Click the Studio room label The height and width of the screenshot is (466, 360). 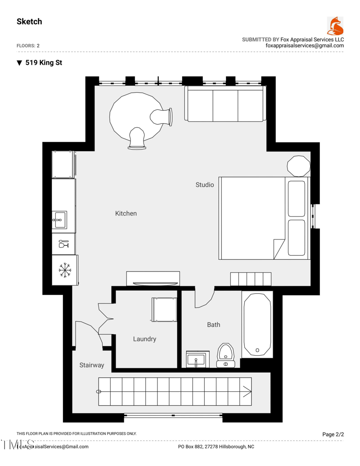pos(204,185)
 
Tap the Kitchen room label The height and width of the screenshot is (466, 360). pos(126,213)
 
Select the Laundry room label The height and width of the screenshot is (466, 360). pos(144,339)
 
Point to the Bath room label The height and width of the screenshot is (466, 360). pos(213,325)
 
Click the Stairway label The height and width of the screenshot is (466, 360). pos(92,365)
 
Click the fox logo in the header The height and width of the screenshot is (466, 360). pos(335,27)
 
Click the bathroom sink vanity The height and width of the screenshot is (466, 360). pos(197,360)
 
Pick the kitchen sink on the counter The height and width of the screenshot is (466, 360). pos(59,220)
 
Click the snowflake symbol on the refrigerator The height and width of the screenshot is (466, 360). pos(65,270)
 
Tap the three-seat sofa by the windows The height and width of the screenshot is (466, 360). pos(225,104)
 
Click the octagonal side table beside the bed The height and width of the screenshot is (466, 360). pos(298,166)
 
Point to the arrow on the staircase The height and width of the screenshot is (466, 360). pos(247,391)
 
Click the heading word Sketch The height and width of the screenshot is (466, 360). pos(29,22)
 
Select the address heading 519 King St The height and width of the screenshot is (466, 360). pos(43,63)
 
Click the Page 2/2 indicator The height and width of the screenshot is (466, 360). pos(333,434)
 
